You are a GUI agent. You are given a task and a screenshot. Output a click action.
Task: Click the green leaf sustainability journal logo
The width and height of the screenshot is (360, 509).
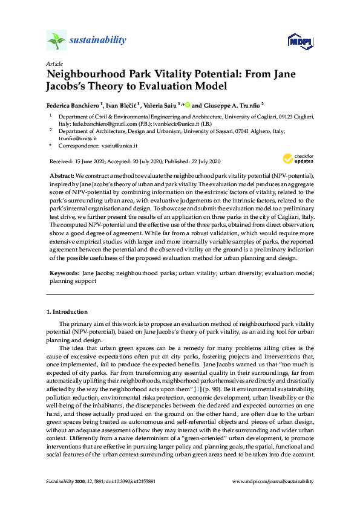[x=56, y=41]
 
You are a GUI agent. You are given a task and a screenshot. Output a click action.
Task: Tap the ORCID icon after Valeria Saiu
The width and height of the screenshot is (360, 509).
[x=188, y=104]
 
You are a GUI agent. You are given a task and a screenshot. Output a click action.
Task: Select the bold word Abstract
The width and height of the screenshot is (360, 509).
[x=61, y=175]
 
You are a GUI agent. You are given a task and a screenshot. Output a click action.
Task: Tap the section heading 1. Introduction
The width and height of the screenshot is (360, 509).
[x=67, y=312]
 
